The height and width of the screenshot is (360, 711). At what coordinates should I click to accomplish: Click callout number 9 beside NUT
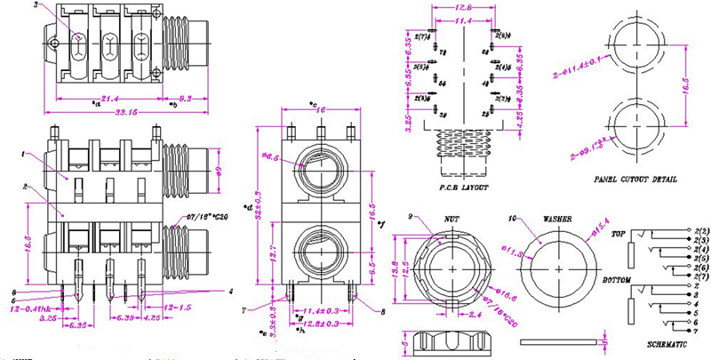click(411, 217)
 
